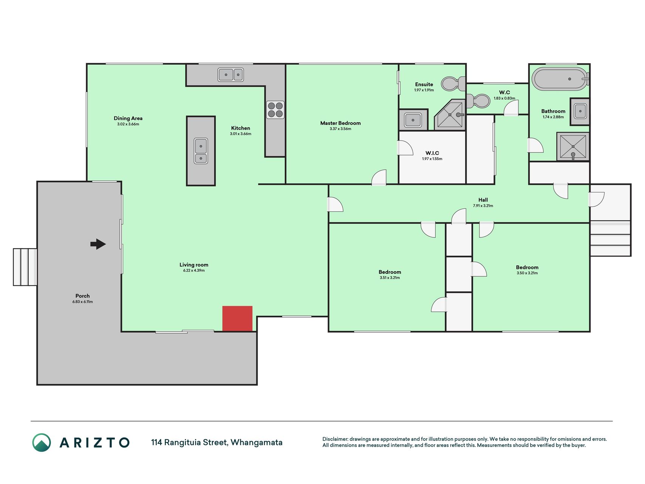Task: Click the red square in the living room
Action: pos(237,318)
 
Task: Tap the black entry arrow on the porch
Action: pos(98,244)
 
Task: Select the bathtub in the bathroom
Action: pos(560,79)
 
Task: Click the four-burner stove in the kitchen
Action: pos(275,110)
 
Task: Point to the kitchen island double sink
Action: pos(201,151)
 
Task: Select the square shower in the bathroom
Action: pos(573,146)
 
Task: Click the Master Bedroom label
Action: pos(340,123)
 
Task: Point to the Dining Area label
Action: pos(128,118)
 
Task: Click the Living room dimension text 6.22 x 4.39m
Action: pos(194,270)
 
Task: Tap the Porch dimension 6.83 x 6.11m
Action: pos(82,302)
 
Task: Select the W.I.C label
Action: pos(432,153)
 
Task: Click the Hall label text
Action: pos(483,200)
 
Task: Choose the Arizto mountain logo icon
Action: pos(41,442)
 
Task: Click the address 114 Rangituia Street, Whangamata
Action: pos(217,442)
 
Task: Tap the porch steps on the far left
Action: pos(25,267)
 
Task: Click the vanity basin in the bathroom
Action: pos(580,111)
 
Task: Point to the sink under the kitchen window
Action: pos(230,74)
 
